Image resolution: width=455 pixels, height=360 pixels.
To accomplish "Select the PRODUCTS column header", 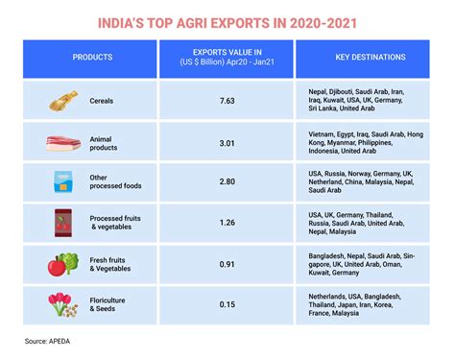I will [x=92, y=57].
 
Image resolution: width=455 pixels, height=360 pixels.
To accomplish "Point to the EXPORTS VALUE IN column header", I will [x=227, y=57].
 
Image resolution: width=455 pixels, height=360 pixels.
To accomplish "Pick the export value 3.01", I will [x=227, y=143].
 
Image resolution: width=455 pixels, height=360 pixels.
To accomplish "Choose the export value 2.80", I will [x=227, y=180].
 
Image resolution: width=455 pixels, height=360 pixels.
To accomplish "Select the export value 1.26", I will [x=227, y=223].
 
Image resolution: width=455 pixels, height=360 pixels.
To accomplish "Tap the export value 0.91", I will [x=227, y=264].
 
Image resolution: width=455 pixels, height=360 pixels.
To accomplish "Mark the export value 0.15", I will [x=227, y=305].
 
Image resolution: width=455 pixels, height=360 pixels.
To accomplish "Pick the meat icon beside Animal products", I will [x=60, y=143].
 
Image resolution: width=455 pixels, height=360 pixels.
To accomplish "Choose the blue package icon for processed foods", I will [x=62, y=180].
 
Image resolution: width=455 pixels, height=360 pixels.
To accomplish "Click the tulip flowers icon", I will [x=62, y=305].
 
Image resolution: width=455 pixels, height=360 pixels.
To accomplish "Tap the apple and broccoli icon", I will [x=62, y=264].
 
